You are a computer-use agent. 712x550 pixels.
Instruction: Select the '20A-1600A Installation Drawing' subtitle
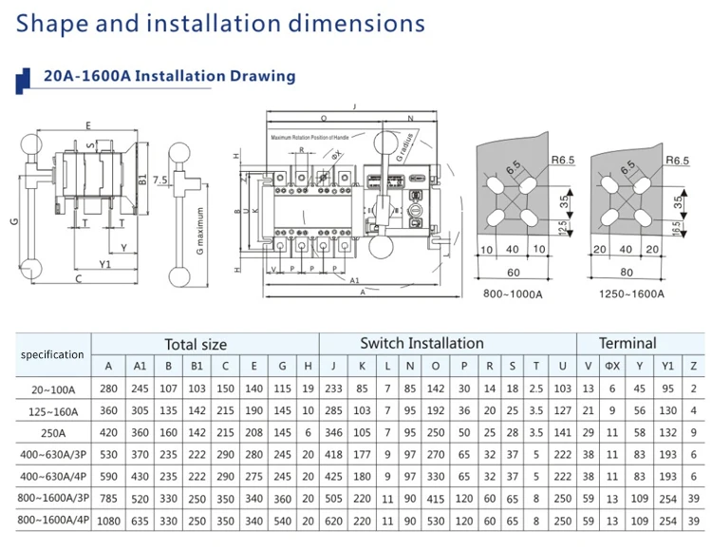click(169, 76)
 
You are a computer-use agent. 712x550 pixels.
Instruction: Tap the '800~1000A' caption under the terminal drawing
click(513, 294)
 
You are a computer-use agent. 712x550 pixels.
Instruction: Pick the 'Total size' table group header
click(196, 344)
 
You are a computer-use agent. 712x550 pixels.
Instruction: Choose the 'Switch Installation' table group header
click(422, 343)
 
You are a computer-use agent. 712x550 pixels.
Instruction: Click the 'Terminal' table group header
click(627, 343)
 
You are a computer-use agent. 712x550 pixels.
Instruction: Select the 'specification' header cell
click(52, 354)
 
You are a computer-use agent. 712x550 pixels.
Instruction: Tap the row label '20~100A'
click(52, 389)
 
